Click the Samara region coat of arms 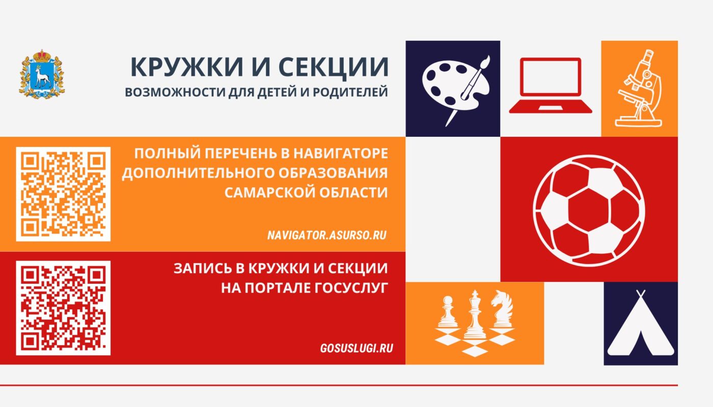pyautogui.click(x=42, y=74)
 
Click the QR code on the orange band pyautogui.click(x=63, y=194)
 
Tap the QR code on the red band pyautogui.click(x=63, y=308)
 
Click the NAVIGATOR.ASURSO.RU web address pyautogui.click(x=326, y=236)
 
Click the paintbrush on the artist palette pyautogui.click(x=468, y=89)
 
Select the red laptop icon pyautogui.click(x=551, y=85)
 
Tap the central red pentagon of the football pyautogui.click(x=589, y=209)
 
